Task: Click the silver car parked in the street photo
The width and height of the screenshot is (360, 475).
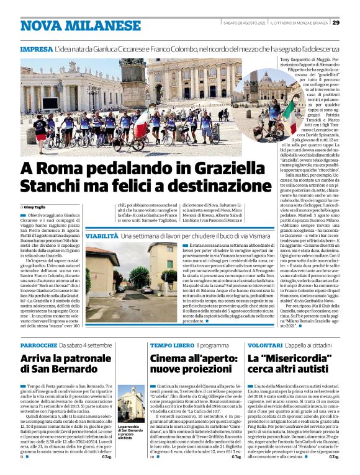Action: click(148, 289)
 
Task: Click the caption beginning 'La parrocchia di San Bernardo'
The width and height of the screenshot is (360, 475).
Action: click(132, 432)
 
